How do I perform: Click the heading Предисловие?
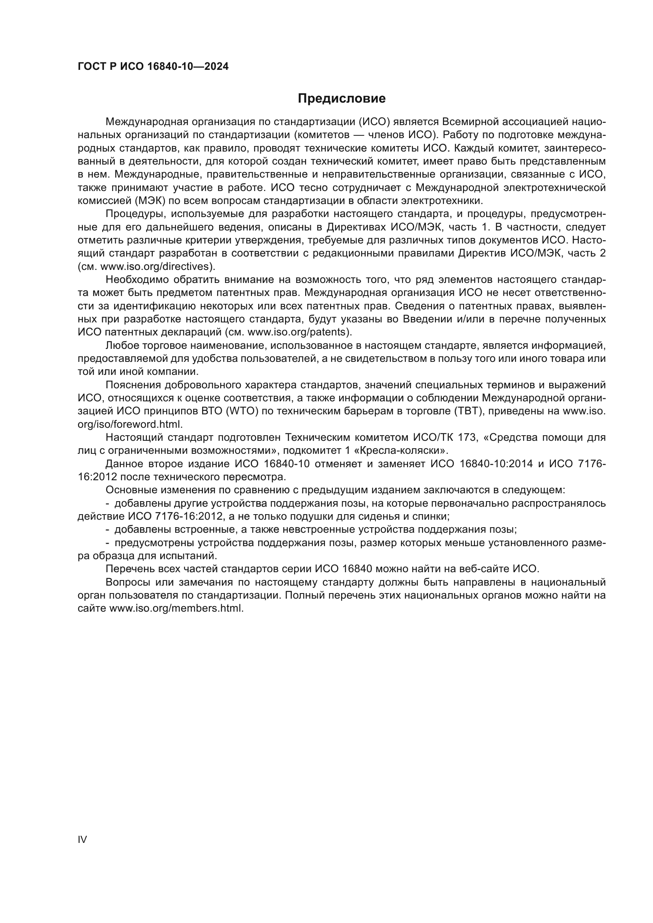342,99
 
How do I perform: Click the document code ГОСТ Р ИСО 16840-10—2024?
153,67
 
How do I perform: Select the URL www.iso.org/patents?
298,332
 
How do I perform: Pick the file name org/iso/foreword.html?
130,424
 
